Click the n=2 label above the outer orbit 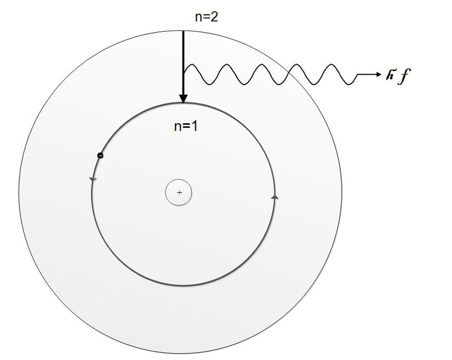[x=207, y=17]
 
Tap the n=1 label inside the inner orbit [x=186, y=126]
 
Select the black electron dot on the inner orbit [x=100, y=156]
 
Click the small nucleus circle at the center [x=179, y=192]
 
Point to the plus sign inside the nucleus [x=180, y=192]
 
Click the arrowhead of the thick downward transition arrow [x=183, y=99]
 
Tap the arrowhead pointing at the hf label [x=378, y=75]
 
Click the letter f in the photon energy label [x=404, y=76]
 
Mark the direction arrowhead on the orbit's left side [x=93, y=180]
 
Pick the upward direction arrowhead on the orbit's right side [x=275, y=197]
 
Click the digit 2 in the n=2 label [x=214, y=17]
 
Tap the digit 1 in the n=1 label [x=194, y=126]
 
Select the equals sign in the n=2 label [x=207, y=18]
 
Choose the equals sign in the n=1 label [x=186, y=127]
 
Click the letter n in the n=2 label [x=198, y=19]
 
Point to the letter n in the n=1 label [x=178, y=128]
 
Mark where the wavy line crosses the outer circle [x=289, y=73]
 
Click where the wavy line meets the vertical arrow [x=184, y=73]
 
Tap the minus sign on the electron [x=100, y=156]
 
